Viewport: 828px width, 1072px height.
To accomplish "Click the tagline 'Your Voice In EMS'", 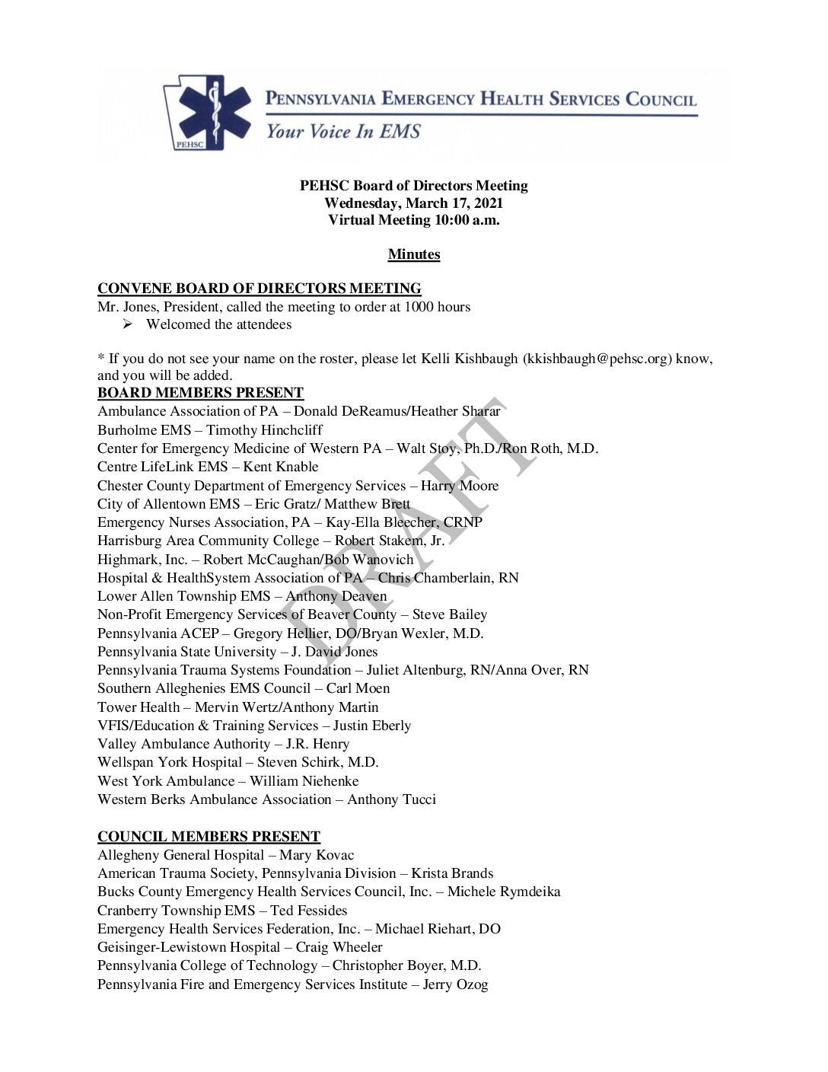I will [x=342, y=132].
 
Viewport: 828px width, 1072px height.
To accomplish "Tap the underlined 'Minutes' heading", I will [x=414, y=254].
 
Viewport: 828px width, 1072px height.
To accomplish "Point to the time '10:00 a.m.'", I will [x=467, y=220].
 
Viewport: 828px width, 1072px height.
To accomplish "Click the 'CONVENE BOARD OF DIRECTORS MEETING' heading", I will [x=260, y=289].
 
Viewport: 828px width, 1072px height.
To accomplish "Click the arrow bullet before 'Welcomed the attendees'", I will [x=128, y=324].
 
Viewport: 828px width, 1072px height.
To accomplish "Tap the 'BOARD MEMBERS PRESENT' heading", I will [x=200, y=393].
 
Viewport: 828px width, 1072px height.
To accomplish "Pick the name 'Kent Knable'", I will [x=281, y=467].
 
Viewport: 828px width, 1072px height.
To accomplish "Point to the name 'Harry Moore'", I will [x=460, y=486].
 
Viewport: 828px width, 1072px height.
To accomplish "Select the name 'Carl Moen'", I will [x=358, y=688].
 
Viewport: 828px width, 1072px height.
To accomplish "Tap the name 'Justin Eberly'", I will [x=372, y=726].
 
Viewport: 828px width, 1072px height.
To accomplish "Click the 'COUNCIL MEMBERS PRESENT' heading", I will [x=209, y=837].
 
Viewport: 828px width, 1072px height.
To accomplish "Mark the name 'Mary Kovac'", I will [x=317, y=855].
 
